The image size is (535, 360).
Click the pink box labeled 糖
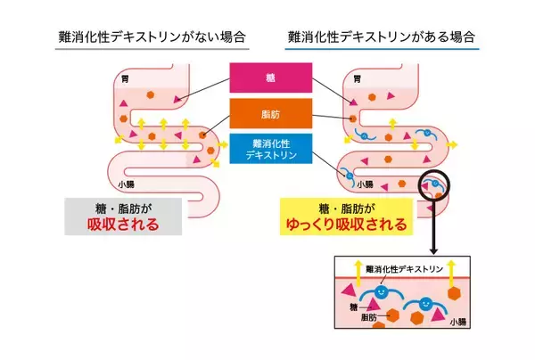point(271,78)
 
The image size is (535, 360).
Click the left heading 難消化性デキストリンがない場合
point(147,37)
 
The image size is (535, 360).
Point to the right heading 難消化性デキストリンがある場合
point(383,37)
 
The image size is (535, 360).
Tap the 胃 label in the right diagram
point(357,78)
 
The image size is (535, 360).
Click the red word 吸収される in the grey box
point(123,225)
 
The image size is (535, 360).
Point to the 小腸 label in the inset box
point(457,322)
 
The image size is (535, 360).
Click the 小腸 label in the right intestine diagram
point(365,184)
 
